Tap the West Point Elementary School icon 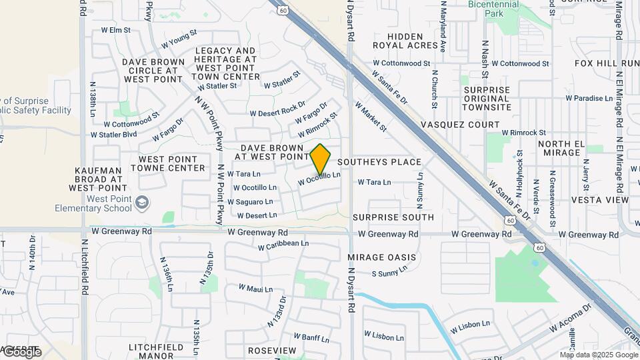(x=141, y=202)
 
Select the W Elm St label (x=115, y=30)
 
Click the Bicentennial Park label (x=494, y=9)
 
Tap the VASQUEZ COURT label (x=460, y=125)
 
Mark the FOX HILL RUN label (x=607, y=63)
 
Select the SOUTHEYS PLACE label (x=379, y=162)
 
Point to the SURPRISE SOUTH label (x=393, y=217)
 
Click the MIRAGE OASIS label (x=382, y=257)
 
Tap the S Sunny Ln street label (x=389, y=273)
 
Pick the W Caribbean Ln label (x=284, y=245)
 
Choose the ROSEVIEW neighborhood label (x=271, y=350)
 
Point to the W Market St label (x=371, y=116)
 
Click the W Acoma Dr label (x=570, y=319)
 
